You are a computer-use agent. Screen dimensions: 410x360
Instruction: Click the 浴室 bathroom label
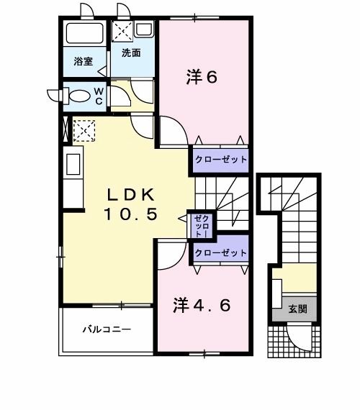click(83, 61)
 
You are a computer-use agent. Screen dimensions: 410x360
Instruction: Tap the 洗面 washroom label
click(130, 53)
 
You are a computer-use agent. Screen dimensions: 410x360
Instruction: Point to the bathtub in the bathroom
click(84, 34)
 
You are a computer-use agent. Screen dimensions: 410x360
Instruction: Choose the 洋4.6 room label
click(202, 305)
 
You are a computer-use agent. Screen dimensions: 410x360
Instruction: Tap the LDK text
click(132, 194)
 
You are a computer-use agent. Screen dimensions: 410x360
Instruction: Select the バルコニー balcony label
click(106, 330)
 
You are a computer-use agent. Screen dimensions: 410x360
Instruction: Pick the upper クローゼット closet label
click(220, 159)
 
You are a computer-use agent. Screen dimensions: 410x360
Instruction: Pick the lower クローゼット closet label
click(220, 253)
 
